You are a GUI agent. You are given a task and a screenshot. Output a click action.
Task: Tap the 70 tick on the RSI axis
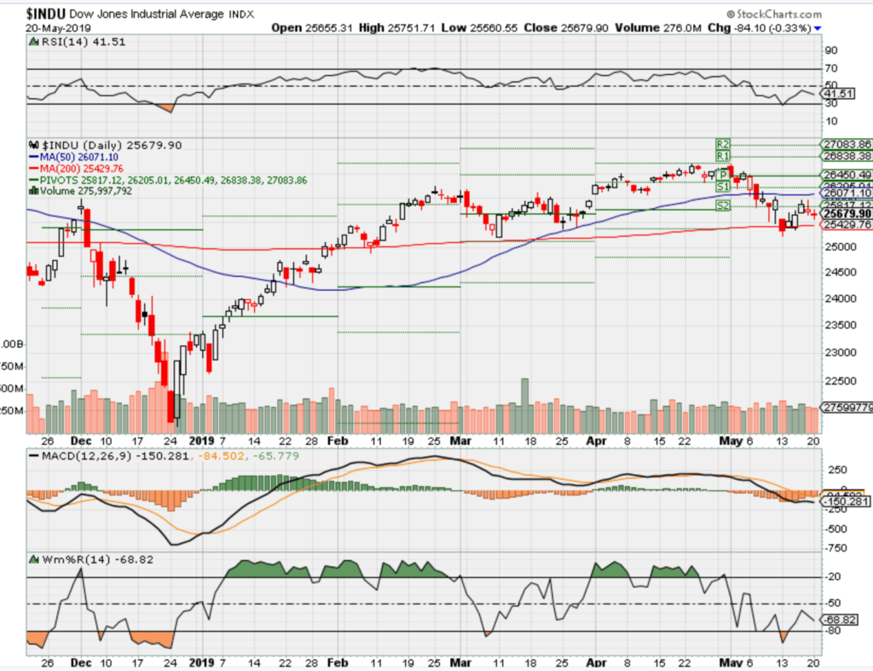point(829,68)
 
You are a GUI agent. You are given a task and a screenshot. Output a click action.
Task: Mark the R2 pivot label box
point(723,144)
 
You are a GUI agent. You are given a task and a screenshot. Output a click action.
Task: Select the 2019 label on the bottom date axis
point(201,442)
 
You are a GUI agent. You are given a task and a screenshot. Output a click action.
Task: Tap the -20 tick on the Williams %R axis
point(833,578)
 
